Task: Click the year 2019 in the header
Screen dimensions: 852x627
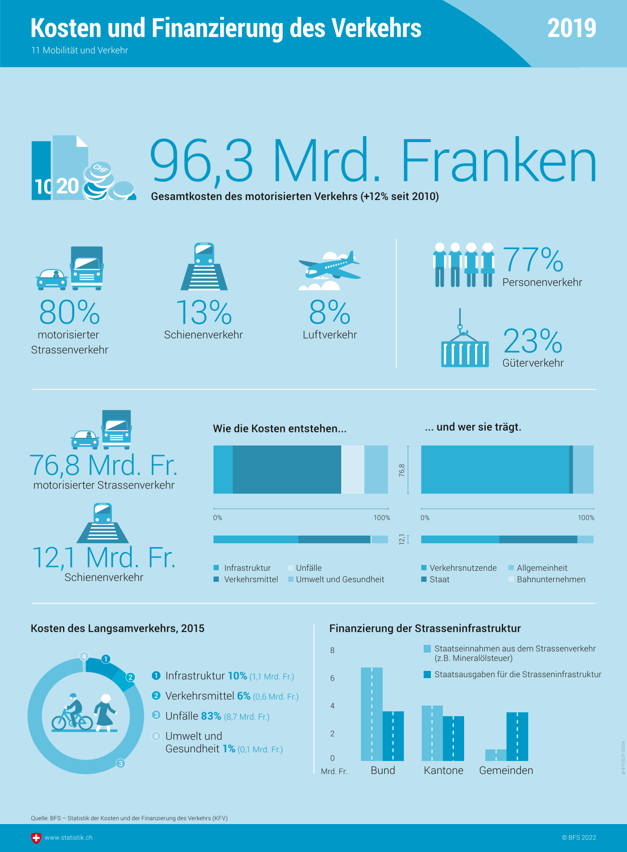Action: [x=572, y=28]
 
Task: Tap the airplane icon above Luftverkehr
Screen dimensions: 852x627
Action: [x=330, y=266]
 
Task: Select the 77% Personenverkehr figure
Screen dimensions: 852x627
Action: [x=533, y=260]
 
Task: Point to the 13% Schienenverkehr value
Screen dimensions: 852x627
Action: [x=204, y=313]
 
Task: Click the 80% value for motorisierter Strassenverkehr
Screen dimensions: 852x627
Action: [x=69, y=313]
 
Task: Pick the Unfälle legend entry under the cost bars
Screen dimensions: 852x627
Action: [x=308, y=568]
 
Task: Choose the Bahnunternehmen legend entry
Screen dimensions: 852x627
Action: [x=551, y=579]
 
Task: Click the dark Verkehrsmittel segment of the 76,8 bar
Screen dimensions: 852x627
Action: [x=287, y=470]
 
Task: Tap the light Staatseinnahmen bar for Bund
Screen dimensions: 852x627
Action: [x=372, y=714]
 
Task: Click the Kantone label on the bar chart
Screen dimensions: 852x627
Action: [x=443, y=770]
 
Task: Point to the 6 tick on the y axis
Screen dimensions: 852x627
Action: [x=332, y=678]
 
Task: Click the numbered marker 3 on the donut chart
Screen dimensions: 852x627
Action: [x=120, y=763]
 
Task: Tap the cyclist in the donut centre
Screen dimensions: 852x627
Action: [x=72, y=713]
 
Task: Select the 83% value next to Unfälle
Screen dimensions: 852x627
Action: [x=211, y=716]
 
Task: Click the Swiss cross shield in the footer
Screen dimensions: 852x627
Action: [x=36, y=838]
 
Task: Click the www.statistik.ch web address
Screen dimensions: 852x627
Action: [x=68, y=838]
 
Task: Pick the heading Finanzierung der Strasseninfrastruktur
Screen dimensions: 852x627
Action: [x=425, y=629]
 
